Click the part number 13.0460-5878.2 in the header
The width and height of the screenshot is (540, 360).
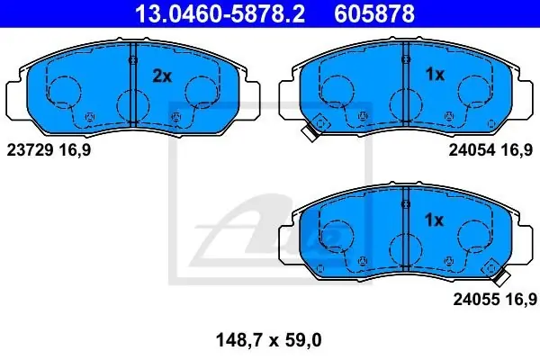pos(220,13)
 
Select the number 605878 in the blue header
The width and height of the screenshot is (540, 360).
pos(374,13)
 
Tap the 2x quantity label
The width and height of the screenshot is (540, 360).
pos(162,76)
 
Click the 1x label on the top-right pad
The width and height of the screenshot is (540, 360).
pos(435,74)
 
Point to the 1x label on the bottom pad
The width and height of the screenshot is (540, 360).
pos(435,220)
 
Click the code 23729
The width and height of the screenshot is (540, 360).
pos(30,150)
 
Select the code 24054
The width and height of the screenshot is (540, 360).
pos(472,150)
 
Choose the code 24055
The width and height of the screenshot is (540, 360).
pos(476,299)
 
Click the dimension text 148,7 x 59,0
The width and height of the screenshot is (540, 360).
pos(268,340)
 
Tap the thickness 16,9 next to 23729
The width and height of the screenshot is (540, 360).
pos(75,150)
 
